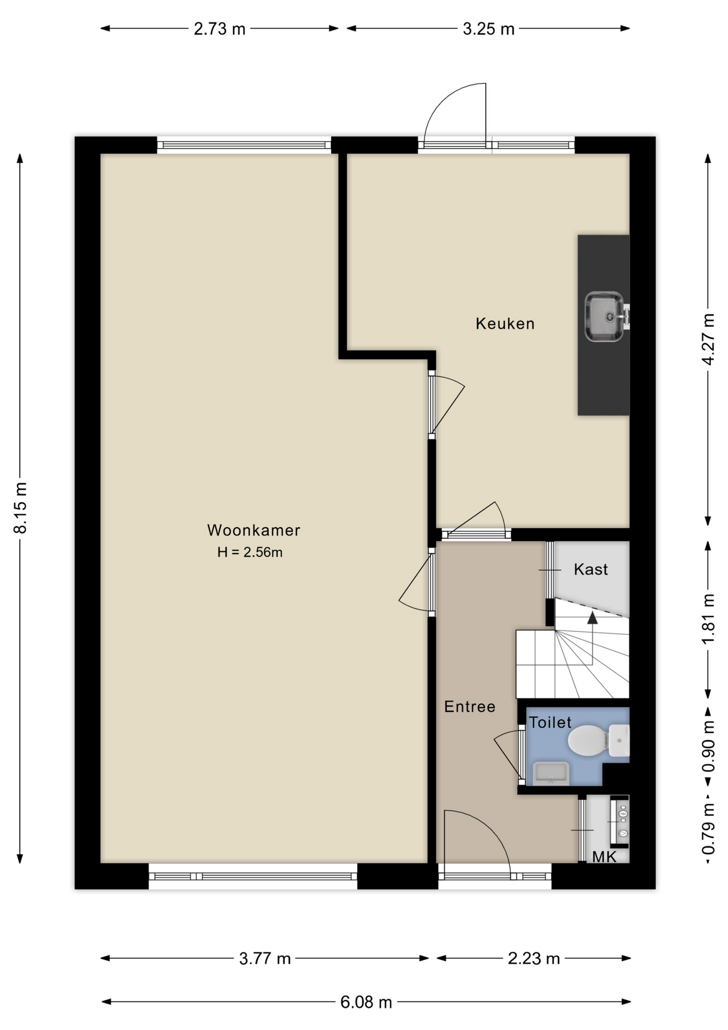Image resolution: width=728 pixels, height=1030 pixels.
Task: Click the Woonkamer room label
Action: (x=254, y=530)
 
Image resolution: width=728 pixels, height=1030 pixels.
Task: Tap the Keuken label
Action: (x=505, y=323)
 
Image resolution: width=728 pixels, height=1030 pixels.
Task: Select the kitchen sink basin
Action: (x=604, y=317)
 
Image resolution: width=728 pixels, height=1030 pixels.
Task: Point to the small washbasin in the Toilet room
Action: (x=551, y=773)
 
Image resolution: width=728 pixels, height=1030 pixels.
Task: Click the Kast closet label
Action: (x=591, y=569)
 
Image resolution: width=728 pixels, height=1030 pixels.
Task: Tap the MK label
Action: (x=604, y=857)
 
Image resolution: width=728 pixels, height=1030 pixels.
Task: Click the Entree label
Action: (x=470, y=707)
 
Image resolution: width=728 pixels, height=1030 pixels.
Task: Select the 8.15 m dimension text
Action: (x=20, y=507)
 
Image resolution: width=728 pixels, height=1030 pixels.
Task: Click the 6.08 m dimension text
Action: (x=366, y=1002)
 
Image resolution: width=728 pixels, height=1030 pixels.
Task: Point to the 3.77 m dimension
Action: (x=265, y=958)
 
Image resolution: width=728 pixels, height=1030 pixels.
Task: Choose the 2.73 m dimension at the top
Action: (x=219, y=28)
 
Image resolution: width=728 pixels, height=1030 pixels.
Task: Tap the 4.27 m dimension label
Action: (x=708, y=340)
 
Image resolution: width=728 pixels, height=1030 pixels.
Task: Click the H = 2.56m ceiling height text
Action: (x=250, y=552)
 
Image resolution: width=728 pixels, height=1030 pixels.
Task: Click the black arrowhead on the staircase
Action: (x=592, y=617)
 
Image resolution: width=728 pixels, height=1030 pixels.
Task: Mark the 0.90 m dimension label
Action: (x=708, y=746)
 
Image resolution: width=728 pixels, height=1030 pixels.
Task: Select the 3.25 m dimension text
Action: (x=488, y=28)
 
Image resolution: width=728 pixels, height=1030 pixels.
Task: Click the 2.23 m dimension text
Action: (x=534, y=958)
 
